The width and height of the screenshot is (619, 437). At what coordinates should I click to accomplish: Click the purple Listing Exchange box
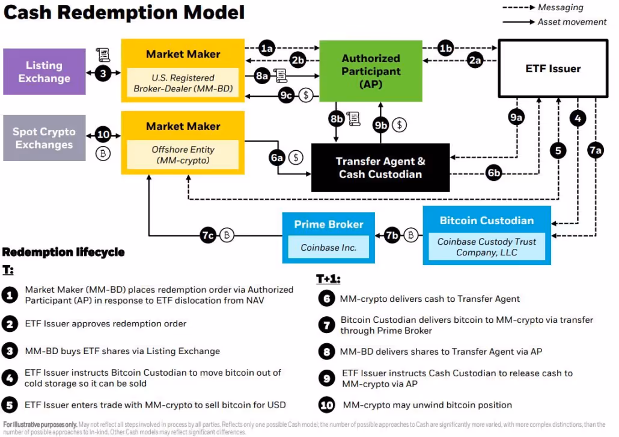[44, 72]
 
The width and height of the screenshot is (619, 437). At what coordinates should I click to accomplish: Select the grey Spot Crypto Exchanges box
[44, 138]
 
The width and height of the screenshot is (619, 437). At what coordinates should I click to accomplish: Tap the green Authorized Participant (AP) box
[371, 71]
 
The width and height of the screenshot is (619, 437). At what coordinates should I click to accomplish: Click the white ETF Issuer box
[552, 69]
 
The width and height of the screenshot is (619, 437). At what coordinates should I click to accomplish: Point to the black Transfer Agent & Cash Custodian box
[380, 168]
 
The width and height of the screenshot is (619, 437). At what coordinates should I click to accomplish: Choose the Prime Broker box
[328, 237]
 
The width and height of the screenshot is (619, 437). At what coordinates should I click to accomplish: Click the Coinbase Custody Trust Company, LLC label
[487, 247]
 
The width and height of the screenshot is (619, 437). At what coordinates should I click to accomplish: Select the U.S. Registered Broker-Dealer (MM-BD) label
[183, 83]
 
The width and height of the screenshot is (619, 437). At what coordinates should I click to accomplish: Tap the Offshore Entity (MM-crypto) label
[183, 155]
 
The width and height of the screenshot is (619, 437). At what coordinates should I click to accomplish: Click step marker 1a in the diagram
[267, 47]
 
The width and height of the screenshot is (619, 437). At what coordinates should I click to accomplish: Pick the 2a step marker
[475, 60]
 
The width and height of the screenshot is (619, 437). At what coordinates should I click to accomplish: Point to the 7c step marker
[208, 236]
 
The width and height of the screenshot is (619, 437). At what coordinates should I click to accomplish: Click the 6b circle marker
[494, 173]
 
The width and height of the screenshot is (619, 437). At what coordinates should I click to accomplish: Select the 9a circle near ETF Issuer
[516, 118]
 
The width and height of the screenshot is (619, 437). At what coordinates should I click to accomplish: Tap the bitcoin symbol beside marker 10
[103, 154]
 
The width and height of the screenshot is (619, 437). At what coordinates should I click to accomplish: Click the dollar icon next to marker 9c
[306, 94]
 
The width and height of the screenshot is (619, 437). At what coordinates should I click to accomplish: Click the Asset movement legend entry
[572, 22]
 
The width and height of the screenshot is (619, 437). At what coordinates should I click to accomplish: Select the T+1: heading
[329, 279]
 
